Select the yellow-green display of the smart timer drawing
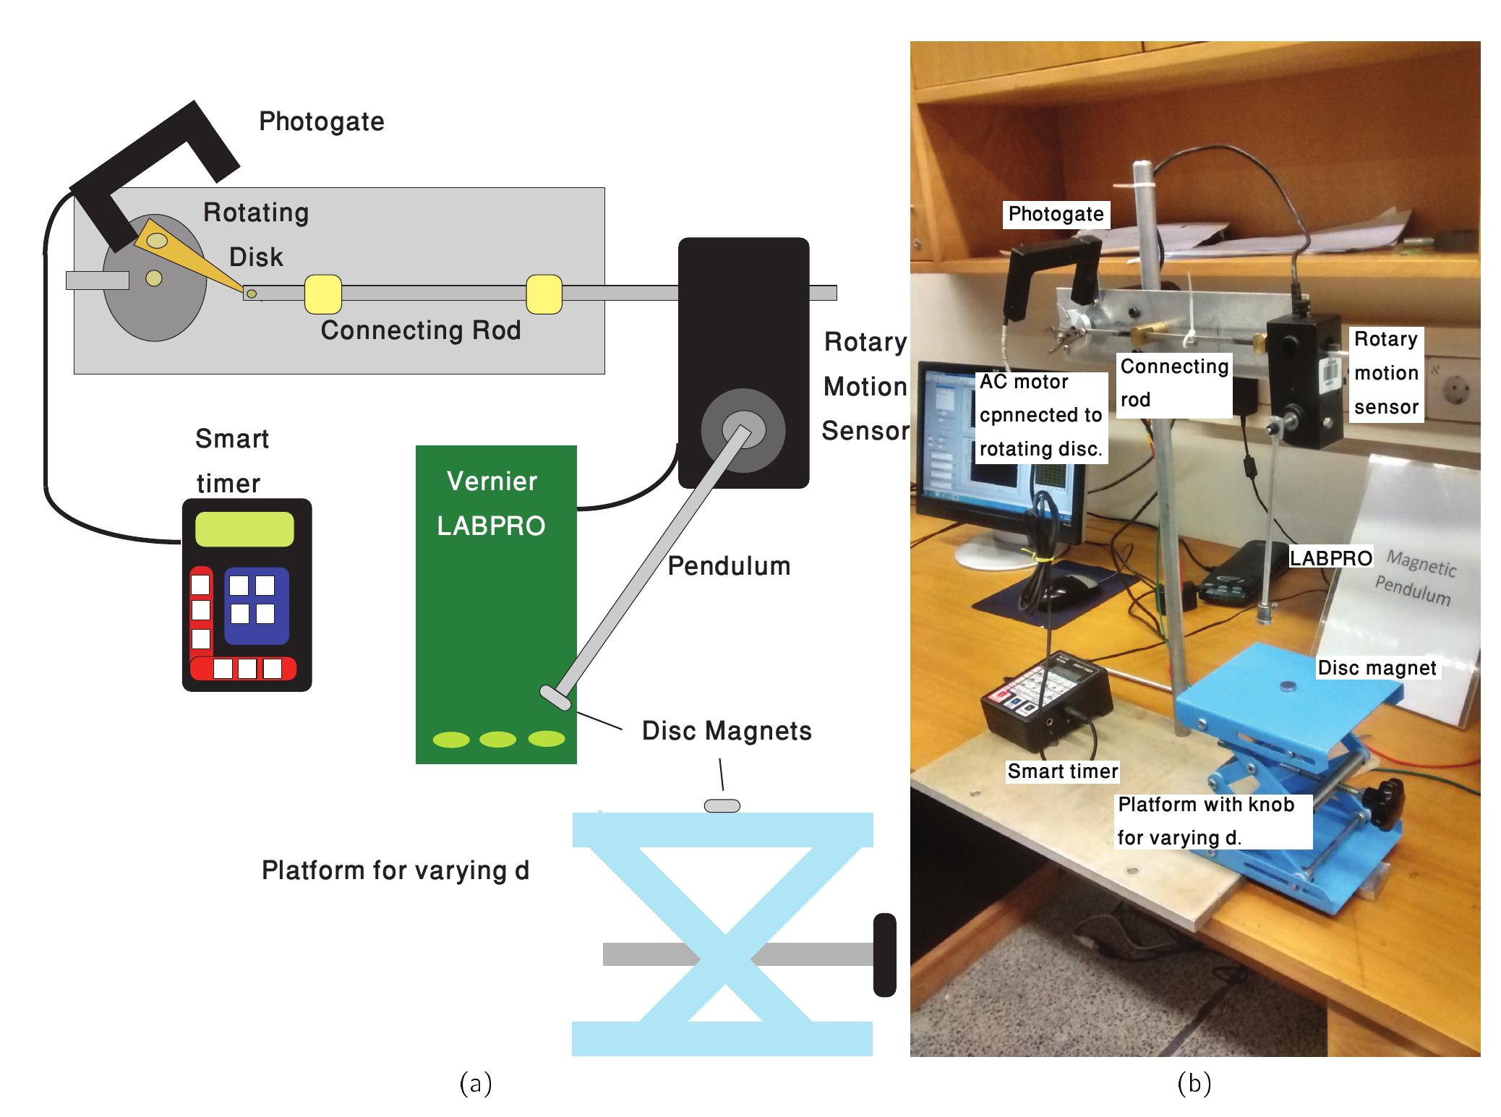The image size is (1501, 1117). click(x=244, y=529)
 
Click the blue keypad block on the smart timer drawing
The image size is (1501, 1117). click(x=256, y=606)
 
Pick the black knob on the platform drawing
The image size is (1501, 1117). click(x=884, y=954)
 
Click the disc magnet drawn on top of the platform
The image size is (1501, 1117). click(x=722, y=805)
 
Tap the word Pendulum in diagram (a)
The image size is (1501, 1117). click(x=728, y=566)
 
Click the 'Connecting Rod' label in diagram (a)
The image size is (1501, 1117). click(x=420, y=330)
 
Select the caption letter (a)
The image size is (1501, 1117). click(x=475, y=1083)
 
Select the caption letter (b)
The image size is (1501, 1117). click(x=1194, y=1083)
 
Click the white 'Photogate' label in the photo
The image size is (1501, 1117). click(x=1056, y=214)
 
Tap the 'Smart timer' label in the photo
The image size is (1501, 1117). click(x=1062, y=771)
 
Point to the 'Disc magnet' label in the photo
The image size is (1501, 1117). click(x=1377, y=668)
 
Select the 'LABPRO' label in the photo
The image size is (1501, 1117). click(x=1331, y=558)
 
